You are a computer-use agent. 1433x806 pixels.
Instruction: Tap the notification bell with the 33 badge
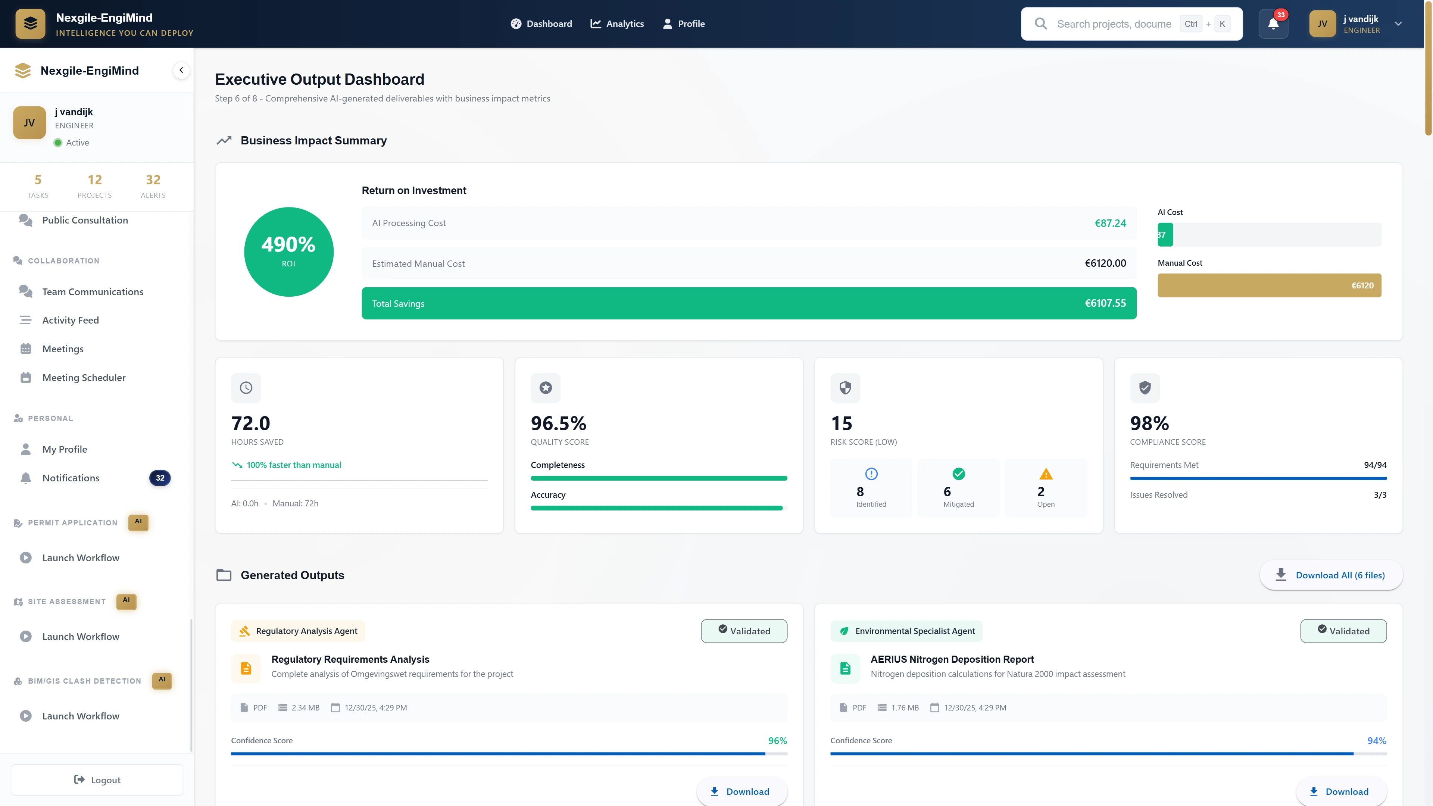1273,24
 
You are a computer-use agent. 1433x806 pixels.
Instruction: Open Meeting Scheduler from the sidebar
84,378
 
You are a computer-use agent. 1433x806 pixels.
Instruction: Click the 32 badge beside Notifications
160,478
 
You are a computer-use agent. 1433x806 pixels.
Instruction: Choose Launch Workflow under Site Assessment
81,636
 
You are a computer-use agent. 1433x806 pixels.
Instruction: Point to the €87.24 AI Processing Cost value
1110,223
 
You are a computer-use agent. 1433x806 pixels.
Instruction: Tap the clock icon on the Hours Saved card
246,388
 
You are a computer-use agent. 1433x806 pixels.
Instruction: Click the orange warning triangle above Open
1046,474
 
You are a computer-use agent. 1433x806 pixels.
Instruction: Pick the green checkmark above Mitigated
958,474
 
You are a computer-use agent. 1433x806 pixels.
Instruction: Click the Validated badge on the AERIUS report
1343,631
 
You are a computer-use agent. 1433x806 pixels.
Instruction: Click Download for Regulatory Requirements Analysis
741,791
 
